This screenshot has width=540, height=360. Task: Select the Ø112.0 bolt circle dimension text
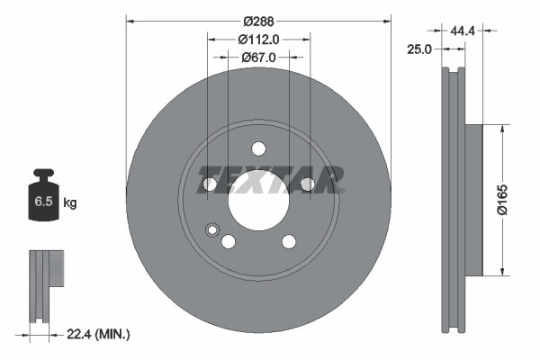coord(258,39)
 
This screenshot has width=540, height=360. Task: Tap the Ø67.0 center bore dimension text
coord(258,57)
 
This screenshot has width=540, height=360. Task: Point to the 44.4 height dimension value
coord(463,31)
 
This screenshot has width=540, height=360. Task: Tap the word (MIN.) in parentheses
coord(113,335)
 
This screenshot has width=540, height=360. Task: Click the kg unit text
coord(70,203)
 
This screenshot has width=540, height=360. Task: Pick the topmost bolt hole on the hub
coord(258,148)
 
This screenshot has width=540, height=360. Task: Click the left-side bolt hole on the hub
coord(210,184)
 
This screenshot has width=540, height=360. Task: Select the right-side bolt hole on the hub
coord(307,184)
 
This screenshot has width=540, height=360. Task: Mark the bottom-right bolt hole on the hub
coord(289,241)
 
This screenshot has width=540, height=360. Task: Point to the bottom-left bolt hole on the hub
coord(229,241)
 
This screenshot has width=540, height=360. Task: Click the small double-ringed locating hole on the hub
coord(212,229)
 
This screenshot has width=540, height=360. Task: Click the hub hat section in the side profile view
coord(473,199)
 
